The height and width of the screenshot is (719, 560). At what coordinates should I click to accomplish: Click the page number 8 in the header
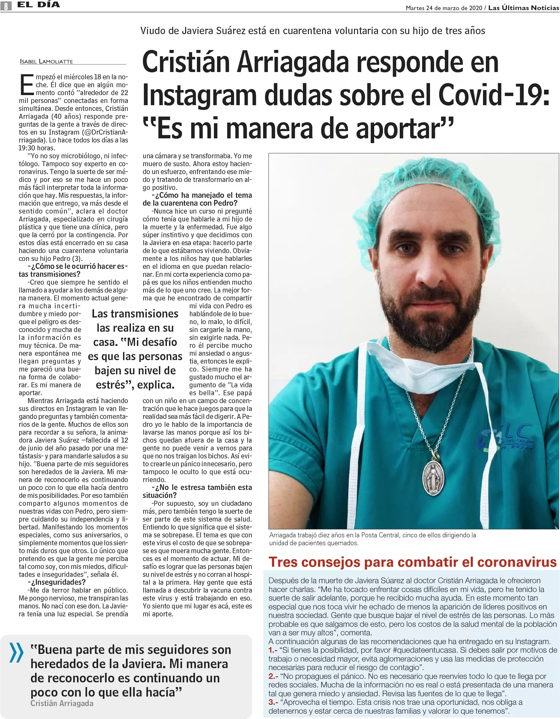coord(6,6)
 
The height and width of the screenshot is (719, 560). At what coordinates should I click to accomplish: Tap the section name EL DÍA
coord(38,5)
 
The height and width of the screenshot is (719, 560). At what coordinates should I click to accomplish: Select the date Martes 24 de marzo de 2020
coord(444,8)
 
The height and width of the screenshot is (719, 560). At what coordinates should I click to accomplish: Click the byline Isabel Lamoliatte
coord(46,61)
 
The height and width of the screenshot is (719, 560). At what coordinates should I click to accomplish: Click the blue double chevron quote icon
coord(16,652)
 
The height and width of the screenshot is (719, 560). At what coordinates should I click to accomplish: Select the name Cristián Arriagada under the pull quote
coord(62,703)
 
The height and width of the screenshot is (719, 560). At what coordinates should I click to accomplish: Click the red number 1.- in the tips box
coord(273,650)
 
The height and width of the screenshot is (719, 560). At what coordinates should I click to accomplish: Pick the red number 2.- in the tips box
coord(273,677)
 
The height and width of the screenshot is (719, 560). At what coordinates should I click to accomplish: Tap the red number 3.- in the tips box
coord(273,702)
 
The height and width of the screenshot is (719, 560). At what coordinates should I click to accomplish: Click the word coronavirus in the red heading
coord(516,562)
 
